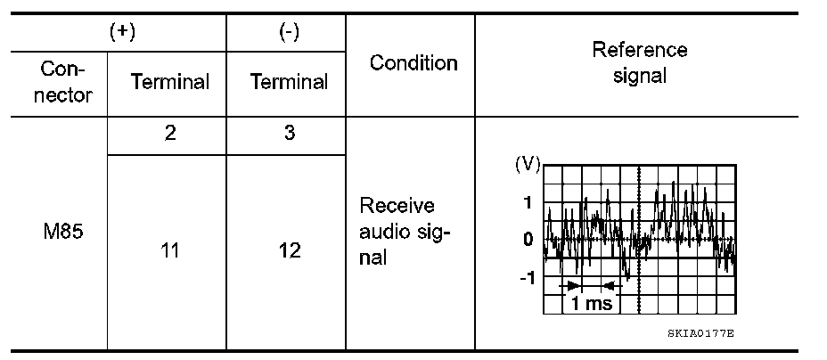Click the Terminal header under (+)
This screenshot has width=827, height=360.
[x=169, y=83]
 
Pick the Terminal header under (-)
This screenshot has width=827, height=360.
[x=289, y=83]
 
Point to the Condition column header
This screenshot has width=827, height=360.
[x=413, y=62]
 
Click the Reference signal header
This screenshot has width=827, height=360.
[x=640, y=62]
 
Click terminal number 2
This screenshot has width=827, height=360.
[x=169, y=135]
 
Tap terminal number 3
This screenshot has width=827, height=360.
[x=289, y=135]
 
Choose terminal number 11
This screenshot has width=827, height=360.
[x=169, y=251]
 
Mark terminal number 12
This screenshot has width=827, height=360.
[x=289, y=251]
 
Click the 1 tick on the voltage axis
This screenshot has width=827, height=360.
[x=527, y=202]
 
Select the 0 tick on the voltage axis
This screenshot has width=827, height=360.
[x=527, y=240]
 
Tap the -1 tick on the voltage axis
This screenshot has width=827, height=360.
[x=525, y=277]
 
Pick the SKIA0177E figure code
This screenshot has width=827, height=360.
[x=700, y=332]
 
